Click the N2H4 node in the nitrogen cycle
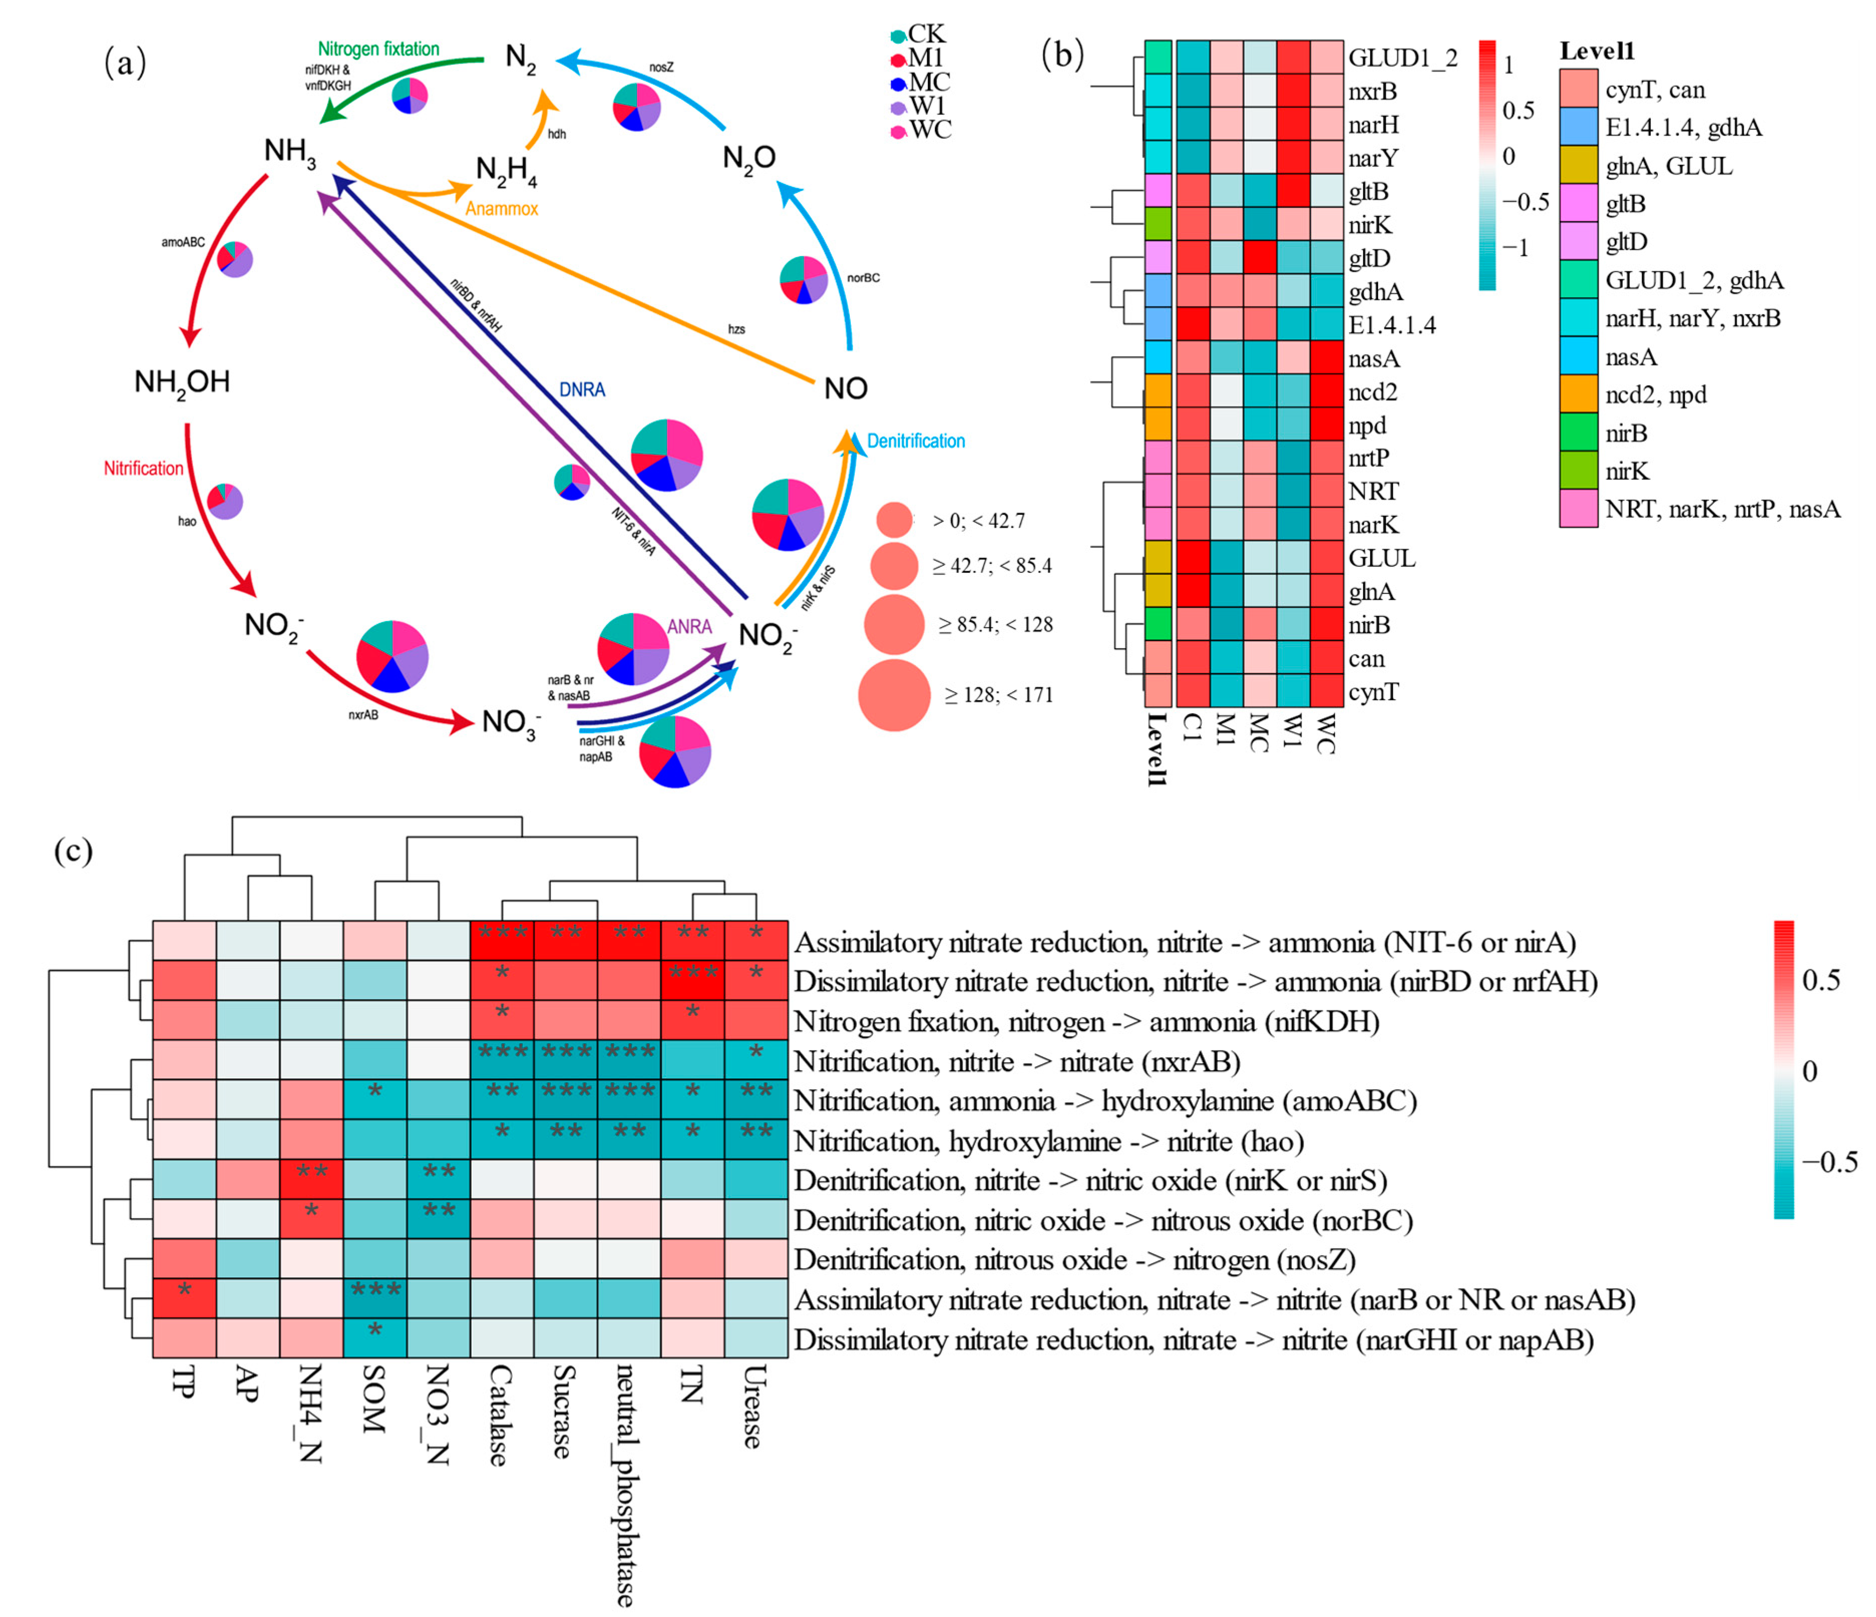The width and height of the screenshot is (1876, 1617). [x=506, y=170]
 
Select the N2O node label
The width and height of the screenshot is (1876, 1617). [x=749, y=158]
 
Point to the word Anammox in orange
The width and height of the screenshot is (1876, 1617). [x=502, y=209]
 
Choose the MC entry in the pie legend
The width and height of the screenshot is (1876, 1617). [x=921, y=82]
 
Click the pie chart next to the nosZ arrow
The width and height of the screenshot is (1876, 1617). [x=637, y=107]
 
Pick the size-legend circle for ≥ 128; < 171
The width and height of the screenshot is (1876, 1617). [x=894, y=695]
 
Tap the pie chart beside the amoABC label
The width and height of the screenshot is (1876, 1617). [x=236, y=260]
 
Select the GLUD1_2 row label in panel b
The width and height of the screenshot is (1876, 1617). [x=1402, y=58]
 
